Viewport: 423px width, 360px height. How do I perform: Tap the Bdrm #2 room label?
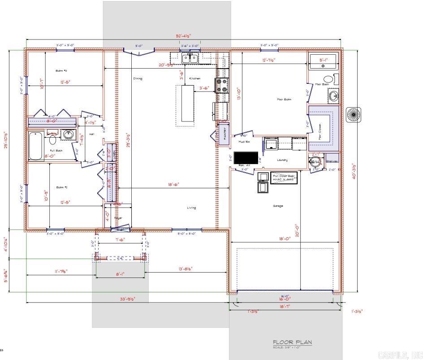pyautogui.click(x=61, y=187)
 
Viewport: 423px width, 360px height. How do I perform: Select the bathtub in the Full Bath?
pyautogui.click(x=35, y=146)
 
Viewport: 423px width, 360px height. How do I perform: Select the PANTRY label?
pyautogui.click(x=224, y=133)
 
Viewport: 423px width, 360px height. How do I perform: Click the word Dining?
pyautogui.click(x=138, y=78)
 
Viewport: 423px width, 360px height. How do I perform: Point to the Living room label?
pyautogui.click(x=191, y=208)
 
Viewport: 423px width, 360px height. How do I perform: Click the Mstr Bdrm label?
pyautogui.click(x=284, y=99)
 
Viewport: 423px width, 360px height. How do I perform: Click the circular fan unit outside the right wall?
pyautogui.click(x=354, y=114)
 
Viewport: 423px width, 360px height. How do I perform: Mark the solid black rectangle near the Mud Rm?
pyautogui.click(x=246, y=158)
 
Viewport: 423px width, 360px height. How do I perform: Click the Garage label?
pyautogui.click(x=278, y=206)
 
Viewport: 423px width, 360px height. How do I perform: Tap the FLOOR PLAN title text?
pyautogui.click(x=292, y=343)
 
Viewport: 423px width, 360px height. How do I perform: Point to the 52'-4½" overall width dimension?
pyautogui.click(x=183, y=36)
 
